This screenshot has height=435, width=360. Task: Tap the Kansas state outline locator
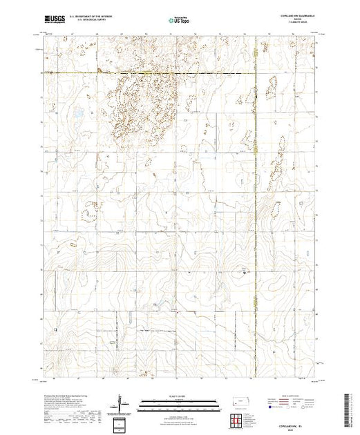click(x=239, y=402)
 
